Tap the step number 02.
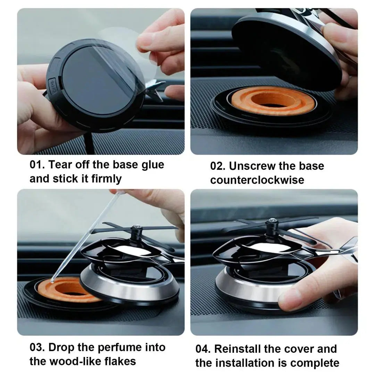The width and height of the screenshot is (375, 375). pos(217,166)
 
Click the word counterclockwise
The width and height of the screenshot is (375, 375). pos(257,180)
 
